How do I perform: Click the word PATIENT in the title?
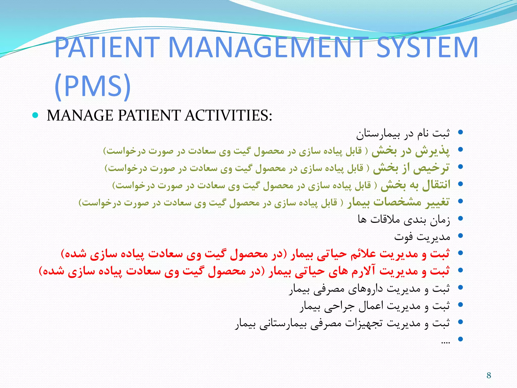coord(107,47)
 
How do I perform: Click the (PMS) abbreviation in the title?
coord(93,86)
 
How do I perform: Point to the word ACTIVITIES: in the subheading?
coord(228,116)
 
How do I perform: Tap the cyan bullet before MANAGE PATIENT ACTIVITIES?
coord(35,115)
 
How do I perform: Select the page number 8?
coord(489,375)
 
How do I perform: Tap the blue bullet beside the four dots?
coord(460,339)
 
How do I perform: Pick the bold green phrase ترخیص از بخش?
coord(411,168)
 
